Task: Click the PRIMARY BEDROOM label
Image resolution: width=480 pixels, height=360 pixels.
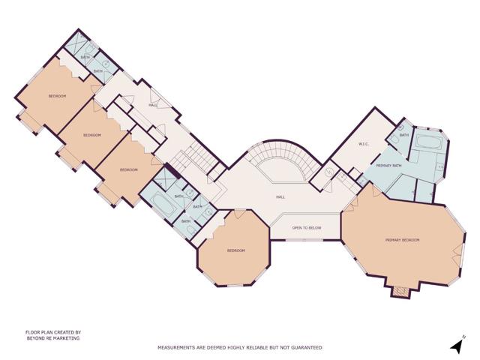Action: [x=402, y=240]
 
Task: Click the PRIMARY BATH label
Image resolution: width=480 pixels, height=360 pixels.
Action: [x=389, y=165]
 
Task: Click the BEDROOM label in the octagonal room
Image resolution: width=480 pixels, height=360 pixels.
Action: [x=235, y=250]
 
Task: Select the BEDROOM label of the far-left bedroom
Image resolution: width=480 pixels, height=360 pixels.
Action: [x=57, y=96]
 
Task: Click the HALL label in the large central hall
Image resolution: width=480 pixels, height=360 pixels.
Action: [x=280, y=197]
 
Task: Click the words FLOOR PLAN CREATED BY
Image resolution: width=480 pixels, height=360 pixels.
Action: [x=52, y=331]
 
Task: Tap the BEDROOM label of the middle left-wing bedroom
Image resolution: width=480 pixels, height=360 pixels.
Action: [x=91, y=135]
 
